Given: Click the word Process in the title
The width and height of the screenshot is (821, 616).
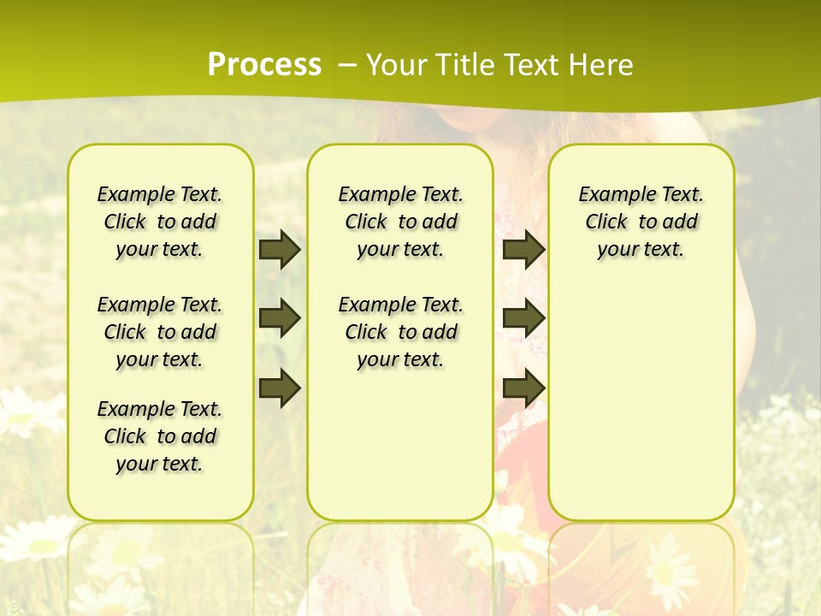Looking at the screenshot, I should (264, 64).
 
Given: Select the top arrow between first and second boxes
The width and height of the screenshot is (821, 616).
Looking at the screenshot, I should (280, 249).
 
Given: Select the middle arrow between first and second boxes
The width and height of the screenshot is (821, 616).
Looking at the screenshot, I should (280, 318).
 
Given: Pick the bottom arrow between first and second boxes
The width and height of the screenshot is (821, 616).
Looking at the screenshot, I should (280, 388).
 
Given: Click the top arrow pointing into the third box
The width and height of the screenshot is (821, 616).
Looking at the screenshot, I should (523, 249).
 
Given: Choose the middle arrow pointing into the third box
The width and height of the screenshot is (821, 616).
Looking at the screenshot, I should (523, 318).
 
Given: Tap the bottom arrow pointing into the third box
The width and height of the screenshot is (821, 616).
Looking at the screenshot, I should (523, 388).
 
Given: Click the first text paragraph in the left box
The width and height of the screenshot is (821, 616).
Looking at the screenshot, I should (160, 222).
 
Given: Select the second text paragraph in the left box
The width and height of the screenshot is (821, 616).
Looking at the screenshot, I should (160, 332).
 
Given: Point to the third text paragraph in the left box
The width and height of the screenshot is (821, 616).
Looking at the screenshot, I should (160, 436).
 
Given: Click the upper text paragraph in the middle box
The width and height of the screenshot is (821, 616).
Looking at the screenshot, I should (400, 222).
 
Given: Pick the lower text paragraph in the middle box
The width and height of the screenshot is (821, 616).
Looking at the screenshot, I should (400, 332).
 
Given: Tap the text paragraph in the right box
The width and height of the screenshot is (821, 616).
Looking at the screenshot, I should (641, 222).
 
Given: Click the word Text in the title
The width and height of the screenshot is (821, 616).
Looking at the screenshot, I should (529, 65).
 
